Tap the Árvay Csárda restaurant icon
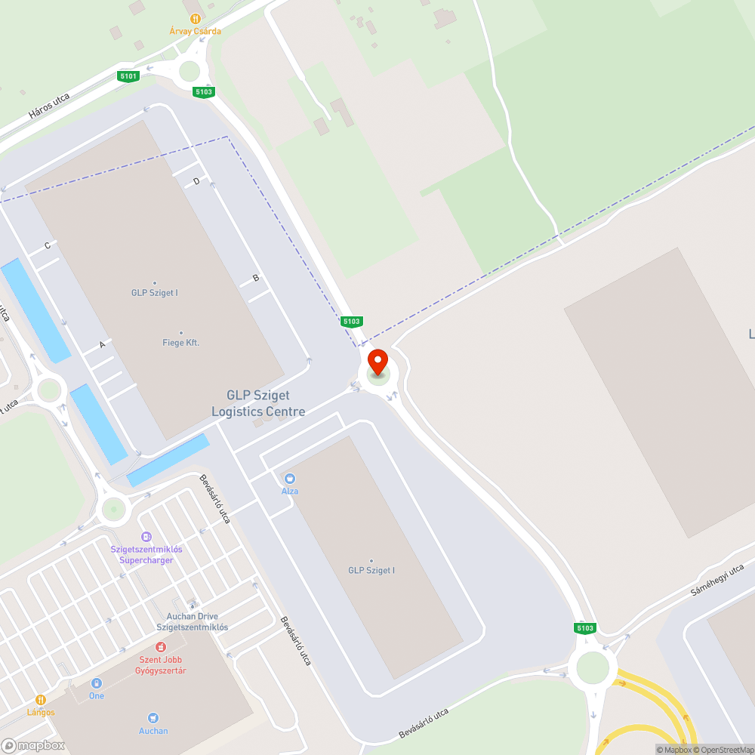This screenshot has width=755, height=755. pyautogui.click(x=195, y=18)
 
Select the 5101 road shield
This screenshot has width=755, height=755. pyautogui.click(x=128, y=75)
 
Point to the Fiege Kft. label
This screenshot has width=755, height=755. pyautogui.click(x=181, y=343)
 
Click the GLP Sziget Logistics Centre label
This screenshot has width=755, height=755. pyautogui.click(x=258, y=403)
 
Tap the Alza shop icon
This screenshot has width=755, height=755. pyautogui.click(x=290, y=479)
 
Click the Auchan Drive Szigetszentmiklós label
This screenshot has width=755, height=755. pyautogui.click(x=192, y=622)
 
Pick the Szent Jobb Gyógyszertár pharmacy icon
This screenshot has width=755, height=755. pyautogui.click(x=160, y=647)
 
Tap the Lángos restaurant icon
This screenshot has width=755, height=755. pyautogui.click(x=41, y=700)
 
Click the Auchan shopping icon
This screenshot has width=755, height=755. pyautogui.click(x=153, y=718)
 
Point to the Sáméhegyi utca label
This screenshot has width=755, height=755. pyautogui.click(x=717, y=581)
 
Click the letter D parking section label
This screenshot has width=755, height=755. pyautogui.click(x=196, y=181)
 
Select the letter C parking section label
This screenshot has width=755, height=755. pyautogui.click(x=47, y=245)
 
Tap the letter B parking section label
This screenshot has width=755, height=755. pyautogui.click(x=255, y=278)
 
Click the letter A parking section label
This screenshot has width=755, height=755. pyautogui.click(x=102, y=344)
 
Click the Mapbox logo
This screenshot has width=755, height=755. pyautogui.click(x=33, y=744)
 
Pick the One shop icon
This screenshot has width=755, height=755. pyautogui.click(x=97, y=683)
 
